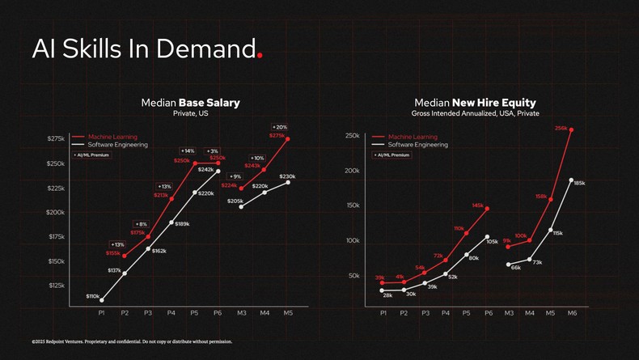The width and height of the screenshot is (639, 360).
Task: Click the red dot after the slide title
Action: pos(259,57)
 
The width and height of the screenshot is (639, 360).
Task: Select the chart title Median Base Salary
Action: pos(190,103)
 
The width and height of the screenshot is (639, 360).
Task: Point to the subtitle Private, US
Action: pos(191,114)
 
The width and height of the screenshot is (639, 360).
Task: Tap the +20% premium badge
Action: pos(279,127)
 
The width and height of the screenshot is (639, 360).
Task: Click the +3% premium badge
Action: pos(213,150)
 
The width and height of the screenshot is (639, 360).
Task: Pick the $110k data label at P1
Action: pos(93,297)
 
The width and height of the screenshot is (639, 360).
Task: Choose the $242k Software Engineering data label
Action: pos(205,170)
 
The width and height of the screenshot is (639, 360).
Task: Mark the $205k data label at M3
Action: pos(235,201)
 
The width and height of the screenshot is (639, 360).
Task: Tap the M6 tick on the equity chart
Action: pos(572,311)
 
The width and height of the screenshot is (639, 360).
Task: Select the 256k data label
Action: pos(561,128)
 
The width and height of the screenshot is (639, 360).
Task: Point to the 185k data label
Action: pos(579,184)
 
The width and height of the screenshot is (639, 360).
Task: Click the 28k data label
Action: pos(387,295)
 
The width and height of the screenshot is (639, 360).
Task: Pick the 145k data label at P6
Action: pos(477,205)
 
